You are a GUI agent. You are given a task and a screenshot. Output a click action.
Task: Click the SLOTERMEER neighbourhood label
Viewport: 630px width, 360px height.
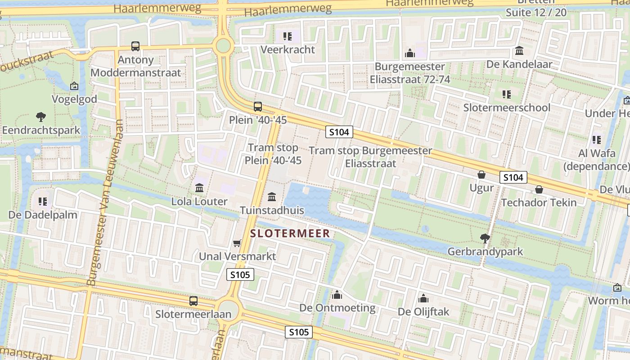point(290,234)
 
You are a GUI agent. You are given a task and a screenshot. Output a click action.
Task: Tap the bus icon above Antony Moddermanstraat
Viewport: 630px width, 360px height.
point(135,46)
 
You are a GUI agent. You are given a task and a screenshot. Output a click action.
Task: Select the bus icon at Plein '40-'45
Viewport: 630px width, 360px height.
point(257,107)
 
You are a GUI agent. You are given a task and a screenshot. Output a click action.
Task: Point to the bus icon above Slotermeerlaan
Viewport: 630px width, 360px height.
point(193,301)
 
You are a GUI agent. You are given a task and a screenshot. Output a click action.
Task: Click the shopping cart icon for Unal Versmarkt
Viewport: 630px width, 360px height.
point(237,243)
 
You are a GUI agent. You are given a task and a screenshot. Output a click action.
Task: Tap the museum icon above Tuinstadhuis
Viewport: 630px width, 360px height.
point(272,197)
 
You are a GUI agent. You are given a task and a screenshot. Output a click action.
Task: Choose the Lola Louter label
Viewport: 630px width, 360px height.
point(199,201)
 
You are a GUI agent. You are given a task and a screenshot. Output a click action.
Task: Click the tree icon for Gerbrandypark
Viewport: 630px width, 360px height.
point(485,238)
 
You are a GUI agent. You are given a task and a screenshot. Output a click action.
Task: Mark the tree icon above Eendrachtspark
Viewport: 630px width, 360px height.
point(41,117)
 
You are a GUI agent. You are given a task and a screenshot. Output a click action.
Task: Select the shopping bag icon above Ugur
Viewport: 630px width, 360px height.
point(481,175)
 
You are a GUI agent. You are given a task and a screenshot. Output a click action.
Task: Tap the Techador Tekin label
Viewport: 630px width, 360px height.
point(539,202)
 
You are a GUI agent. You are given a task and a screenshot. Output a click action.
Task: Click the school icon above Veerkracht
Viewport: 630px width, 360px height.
point(288,36)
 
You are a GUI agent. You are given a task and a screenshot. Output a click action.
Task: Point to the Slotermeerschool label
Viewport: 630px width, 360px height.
point(507,108)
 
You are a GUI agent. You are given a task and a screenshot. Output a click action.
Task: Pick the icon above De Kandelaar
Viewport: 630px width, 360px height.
point(519,51)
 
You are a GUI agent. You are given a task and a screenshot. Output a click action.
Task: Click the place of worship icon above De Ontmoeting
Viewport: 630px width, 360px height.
point(337,295)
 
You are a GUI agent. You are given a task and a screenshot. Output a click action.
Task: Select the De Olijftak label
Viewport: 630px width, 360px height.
point(423,311)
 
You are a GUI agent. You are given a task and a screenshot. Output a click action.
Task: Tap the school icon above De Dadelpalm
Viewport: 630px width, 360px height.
point(43,202)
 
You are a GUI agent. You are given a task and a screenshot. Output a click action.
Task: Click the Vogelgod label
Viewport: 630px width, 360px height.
point(74,99)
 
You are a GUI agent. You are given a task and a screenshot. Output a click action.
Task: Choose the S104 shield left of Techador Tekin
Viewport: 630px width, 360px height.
point(513,177)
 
